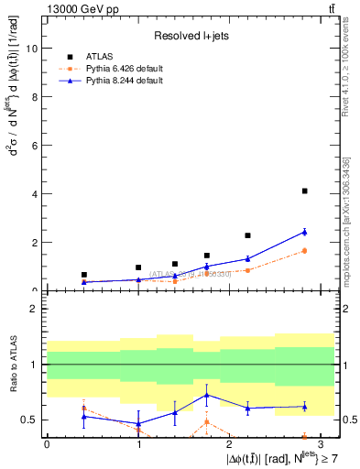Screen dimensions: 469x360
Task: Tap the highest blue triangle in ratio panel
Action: pyautogui.click(x=207, y=395)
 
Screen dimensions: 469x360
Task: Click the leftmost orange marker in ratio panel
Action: pyautogui.click(x=84, y=408)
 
